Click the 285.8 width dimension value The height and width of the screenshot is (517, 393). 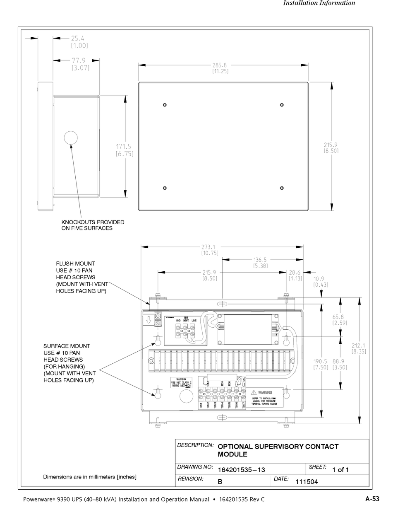[220, 65]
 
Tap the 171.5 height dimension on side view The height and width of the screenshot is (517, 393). [123, 146]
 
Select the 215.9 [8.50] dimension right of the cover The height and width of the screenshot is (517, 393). [331, 145]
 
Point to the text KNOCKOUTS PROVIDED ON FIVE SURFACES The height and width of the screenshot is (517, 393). [93, 225]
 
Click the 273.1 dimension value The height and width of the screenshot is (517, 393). [210, 247]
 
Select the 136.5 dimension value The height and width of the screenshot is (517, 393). [260, 260]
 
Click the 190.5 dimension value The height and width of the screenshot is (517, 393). [321, 361]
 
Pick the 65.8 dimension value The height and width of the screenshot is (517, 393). [339, 317]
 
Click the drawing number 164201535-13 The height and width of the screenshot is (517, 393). [241, 469]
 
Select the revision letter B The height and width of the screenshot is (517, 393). [220, 482]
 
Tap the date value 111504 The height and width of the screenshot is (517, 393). [306, 482]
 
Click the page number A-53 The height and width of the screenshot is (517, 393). [372, 499]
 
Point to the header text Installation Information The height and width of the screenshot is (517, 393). [319, 3]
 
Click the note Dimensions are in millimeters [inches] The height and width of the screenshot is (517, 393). [90, 477]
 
